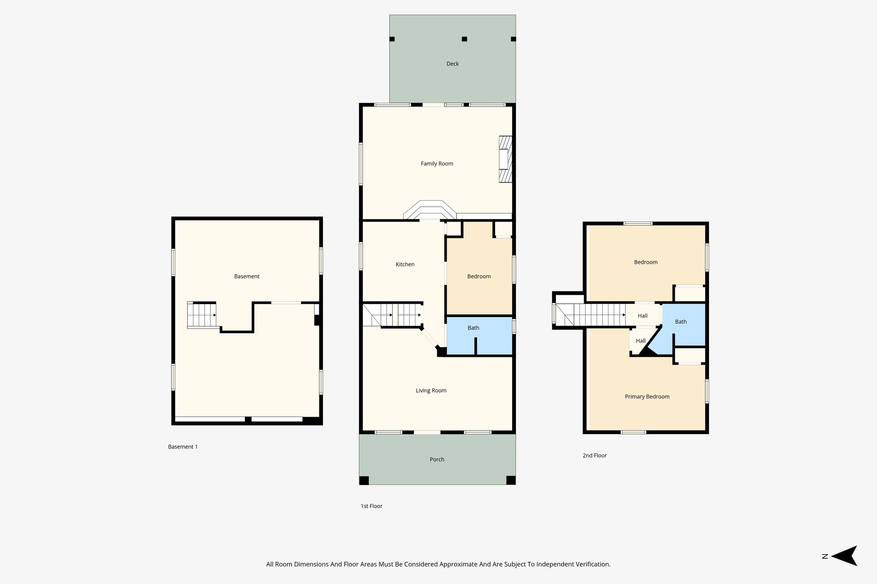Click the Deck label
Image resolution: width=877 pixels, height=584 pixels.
(452, 64)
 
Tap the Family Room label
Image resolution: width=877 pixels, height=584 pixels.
(437, 163)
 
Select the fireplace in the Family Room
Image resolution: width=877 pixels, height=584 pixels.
(505, 160)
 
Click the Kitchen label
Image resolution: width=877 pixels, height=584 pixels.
(405, 264)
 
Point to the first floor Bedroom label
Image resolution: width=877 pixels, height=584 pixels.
(479, 276)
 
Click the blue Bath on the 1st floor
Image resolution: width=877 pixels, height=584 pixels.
(473, 328)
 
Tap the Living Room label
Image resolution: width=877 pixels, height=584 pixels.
(431, 390)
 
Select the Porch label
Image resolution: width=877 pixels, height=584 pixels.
(437, 459)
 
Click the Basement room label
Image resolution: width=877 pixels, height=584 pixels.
(247, 276)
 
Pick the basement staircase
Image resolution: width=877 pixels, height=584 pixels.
(201, 315)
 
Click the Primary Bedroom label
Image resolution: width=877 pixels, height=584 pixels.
(647, 397)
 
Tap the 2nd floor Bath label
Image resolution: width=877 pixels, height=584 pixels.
(680, 322)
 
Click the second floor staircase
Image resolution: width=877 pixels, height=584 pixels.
(595, 315)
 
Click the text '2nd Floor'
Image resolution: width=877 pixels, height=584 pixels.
(594, 456)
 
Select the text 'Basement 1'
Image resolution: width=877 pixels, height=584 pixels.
(183, 447)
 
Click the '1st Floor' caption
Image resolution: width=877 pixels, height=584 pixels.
(371, 506)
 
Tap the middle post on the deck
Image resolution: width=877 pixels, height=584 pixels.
(464, 39)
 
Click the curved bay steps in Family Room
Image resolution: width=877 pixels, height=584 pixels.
(430, 210)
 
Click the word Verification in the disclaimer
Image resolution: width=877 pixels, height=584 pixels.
(593, 564)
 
